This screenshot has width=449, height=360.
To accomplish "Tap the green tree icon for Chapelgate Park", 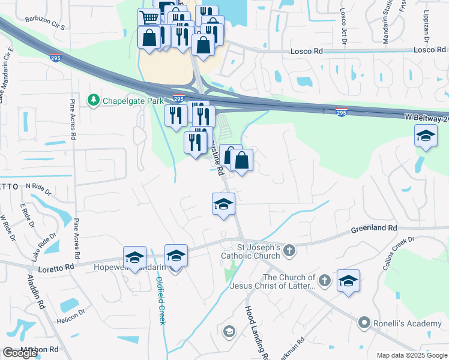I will click(x=93, y=99).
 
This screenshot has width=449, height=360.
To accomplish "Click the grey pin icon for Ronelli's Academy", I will click(x=363, y=323).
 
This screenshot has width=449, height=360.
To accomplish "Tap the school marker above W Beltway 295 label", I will click(x=426, y=137).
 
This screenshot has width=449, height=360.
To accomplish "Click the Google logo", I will click(x=20, y=353).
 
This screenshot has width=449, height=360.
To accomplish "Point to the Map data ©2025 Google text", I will click(x=412, y=355).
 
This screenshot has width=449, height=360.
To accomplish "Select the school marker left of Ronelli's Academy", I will click(x=349, y=281).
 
